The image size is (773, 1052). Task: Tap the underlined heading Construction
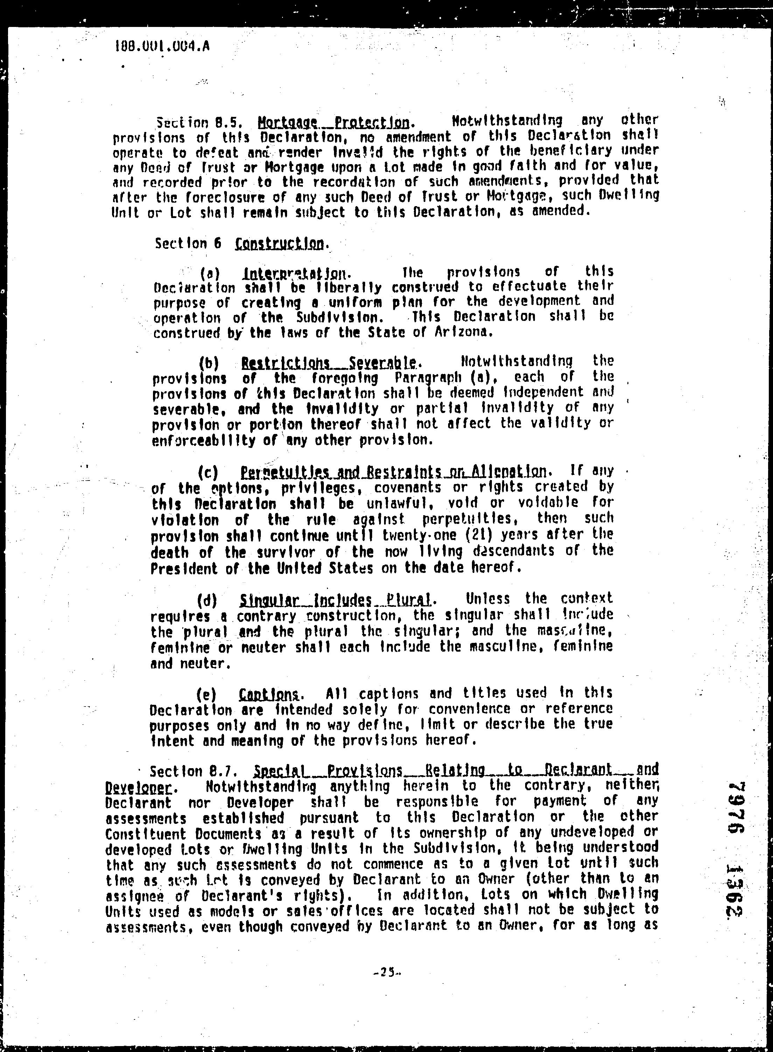(x=279, y=243)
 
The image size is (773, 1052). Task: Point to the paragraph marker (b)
(x=209, y=363)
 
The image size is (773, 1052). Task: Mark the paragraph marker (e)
(x=207, y=694)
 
